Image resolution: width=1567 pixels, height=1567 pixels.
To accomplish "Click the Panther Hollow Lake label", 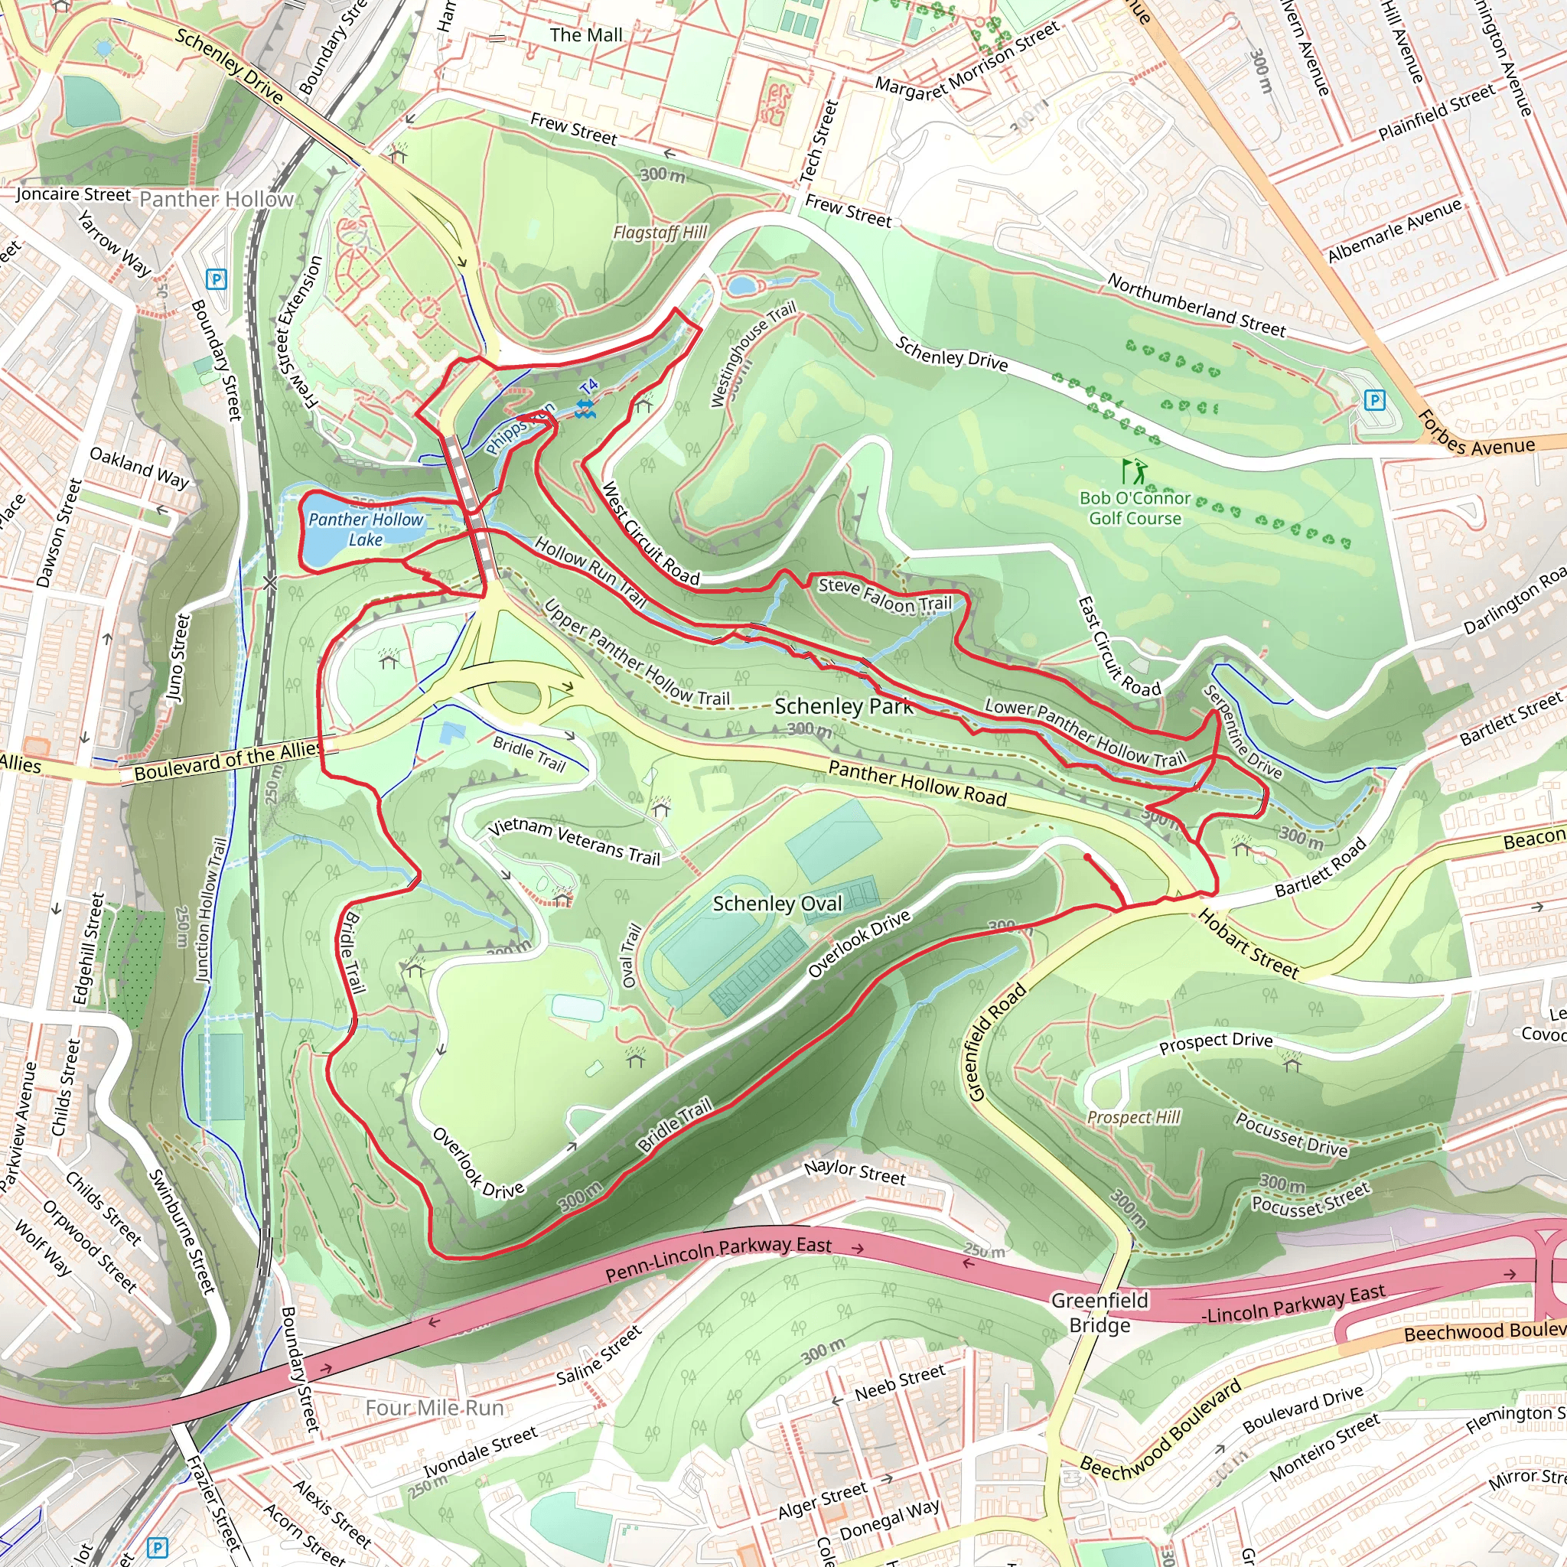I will [x=366, y=529].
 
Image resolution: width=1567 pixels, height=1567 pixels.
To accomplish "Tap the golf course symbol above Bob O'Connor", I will [x=1134, y=471].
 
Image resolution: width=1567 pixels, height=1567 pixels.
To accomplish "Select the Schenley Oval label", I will [x=777, y=904].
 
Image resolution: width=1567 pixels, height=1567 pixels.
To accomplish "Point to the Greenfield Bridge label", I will [x=1099, y=1312].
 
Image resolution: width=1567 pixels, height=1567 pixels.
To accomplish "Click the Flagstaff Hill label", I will [x=660, y=233].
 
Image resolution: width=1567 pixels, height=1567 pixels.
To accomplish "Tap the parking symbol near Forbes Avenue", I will [x=1374, y=399].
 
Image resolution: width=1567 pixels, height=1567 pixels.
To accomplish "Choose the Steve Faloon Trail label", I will [x=885, y=595].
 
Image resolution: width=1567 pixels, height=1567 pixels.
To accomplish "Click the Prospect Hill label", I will [x=1133, y=1118].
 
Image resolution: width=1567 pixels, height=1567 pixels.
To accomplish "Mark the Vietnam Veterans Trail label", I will [x=575, y=842].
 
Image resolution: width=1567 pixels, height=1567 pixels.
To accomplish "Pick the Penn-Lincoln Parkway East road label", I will [x=718, y=1256].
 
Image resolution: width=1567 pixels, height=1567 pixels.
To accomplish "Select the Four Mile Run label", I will [x=435, y=1407].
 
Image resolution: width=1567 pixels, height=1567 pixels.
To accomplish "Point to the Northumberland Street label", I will [x=1197, y=305].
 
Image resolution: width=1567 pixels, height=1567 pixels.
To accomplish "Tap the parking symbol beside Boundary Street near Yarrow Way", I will [x=216, y=280].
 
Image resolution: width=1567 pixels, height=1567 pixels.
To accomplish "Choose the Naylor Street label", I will [x=855, y=1173].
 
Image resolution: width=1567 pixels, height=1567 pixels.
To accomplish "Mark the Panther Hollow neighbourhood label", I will [x=217, y=200].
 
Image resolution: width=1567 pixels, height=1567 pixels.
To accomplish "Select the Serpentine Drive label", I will [x=1242, y=731].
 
